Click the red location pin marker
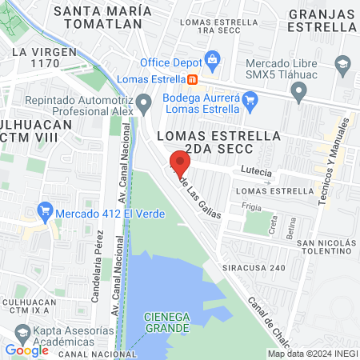coord(180,163)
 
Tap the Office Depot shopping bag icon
coord(212,58)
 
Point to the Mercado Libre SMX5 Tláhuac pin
coord(299,94)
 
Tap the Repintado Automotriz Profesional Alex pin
coord(143,102)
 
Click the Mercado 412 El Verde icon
coord(46,214)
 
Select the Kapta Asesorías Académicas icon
coord(22,332)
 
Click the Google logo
coord(27,350)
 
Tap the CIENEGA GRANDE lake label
coord(166,322)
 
